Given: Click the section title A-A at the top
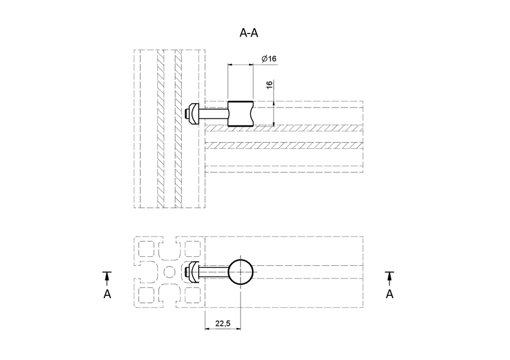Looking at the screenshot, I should pyautogui.click(x=249, y=33).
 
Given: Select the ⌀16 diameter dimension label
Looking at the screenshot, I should pyautogui.click(x=269, y=59).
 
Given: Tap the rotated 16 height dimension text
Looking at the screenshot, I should pyautogui.click(x=269, y=85).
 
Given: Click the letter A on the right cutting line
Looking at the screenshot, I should pyautogui.click(x=389, y=294).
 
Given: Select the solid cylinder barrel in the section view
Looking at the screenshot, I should pyautogui.click(x=241, y=113).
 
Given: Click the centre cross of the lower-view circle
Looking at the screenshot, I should pyautogui.click(x=241, y=272).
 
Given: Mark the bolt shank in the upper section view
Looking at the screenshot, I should pyautogui.click(x=212, y=113).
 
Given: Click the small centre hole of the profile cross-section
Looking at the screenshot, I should pyautogui.click(x=169, y=272).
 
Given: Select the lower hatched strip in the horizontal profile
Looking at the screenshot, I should pyautogui.click(x=284, y=146).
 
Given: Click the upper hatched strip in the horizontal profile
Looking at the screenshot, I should pyautogui.click(x=284, y=128).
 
